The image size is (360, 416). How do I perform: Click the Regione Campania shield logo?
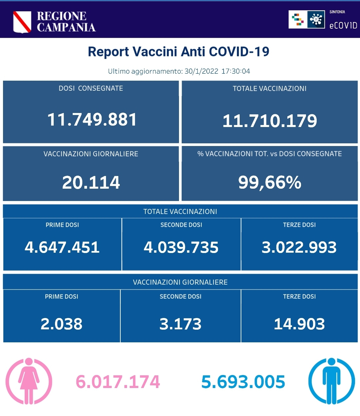(22, 22)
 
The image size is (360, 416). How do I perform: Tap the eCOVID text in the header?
(343, 26)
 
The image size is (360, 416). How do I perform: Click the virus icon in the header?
(316, 19)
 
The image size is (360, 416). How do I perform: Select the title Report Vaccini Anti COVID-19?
(178, 52)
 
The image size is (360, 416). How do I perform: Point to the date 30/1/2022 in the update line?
(201, 71)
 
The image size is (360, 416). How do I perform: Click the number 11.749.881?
(92, 120)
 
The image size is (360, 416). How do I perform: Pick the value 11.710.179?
(270, 121)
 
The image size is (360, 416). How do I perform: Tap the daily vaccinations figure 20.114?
(91, 182)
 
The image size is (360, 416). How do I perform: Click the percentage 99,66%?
(270, 182)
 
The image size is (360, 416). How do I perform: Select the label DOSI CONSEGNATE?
(91, 88)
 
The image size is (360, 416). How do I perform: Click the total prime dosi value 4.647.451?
(62, 247)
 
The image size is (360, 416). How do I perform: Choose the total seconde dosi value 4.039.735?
(181, 247)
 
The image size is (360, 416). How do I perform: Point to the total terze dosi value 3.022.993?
(299, 247)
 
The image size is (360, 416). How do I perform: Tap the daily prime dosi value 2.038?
(62, 324)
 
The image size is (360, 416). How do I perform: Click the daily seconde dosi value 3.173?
(180, 324)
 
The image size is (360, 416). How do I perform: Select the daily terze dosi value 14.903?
(299, 324)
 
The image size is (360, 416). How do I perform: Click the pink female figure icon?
(29, 381)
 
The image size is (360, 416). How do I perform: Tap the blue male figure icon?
(331, 381)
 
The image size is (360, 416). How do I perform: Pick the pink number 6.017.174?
(118, 382)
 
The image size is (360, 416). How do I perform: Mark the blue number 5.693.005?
(243, 382)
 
